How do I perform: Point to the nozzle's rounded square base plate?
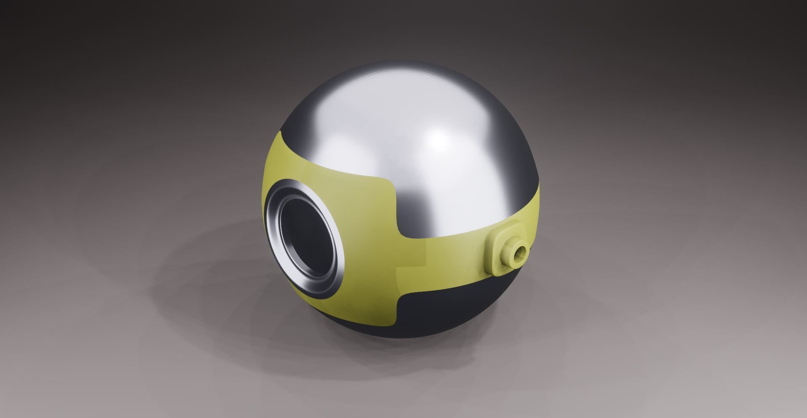[496, 252]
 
